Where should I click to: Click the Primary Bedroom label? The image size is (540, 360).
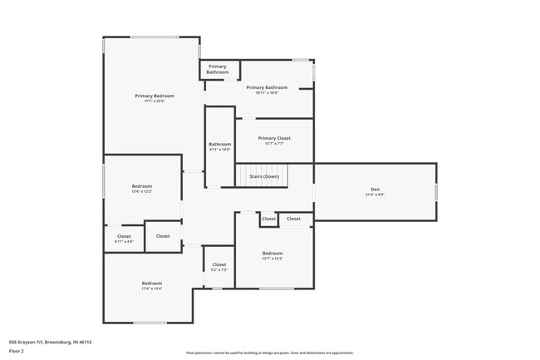[x=155, y=96]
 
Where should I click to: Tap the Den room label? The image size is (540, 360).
[x=375, y=190]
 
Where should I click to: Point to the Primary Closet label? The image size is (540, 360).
[x=273, y=138]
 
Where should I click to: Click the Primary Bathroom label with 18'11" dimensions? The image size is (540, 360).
[x=267, y=87]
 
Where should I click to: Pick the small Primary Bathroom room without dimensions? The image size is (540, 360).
[x=218, y=69]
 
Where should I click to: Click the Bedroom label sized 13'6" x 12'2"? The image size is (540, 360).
[x=142, y=185]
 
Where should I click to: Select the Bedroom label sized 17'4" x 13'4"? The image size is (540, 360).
[x=151, y=284]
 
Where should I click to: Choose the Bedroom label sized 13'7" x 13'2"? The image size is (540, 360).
[x=272, y=253]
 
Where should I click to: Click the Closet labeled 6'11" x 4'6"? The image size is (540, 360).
[x=124, y=236]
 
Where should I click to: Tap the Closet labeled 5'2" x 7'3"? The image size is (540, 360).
[x=219, y=264]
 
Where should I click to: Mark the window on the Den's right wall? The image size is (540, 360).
[x=436, y=191]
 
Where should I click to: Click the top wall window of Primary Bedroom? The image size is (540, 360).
[x=154, y=37]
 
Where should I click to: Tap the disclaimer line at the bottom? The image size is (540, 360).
[x=270, y=353]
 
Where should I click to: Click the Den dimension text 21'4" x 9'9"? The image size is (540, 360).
[x=375, y=195]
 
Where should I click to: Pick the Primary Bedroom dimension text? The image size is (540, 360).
[x=155, y=101]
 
